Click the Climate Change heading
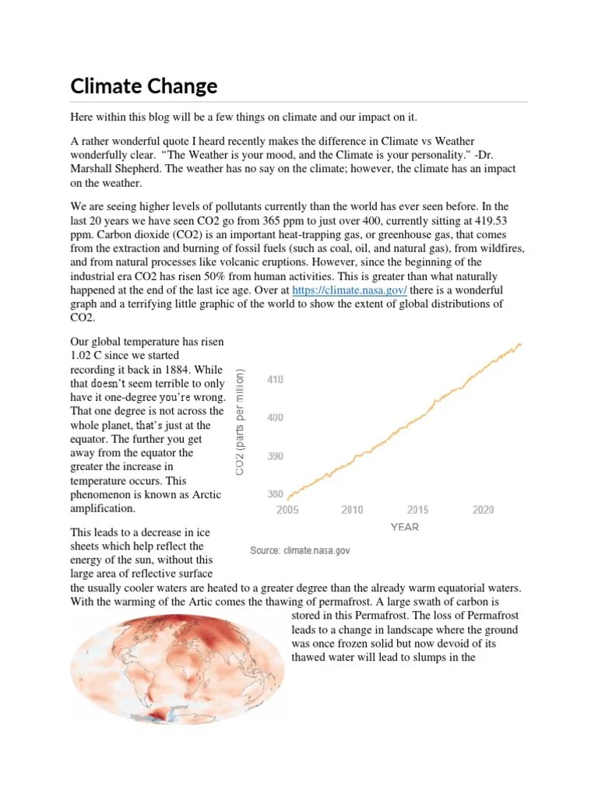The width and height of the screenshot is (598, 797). [x=143, y=86]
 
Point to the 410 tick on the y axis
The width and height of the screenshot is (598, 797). [x=276, y=380]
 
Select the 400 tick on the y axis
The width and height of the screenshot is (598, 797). [x=276, y=418]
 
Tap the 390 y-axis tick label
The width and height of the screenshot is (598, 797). [x=276, y=456]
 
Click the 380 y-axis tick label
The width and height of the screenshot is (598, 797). [x=276, y=494]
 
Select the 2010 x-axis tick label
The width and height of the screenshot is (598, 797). [x=352, y=510]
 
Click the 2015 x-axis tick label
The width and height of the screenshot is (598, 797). [x=417, y=510]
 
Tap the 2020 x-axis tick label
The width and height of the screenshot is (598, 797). [x=483, y=510]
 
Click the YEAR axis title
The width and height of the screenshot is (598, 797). [x=404, y=527]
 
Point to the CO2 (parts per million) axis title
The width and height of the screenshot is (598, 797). [x=241, y=421]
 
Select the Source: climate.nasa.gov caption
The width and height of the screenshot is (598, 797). [x=300, y=550]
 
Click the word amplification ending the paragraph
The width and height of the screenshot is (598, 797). [x=103, y=508]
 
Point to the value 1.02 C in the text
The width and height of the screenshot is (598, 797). [x=87, y=355]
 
